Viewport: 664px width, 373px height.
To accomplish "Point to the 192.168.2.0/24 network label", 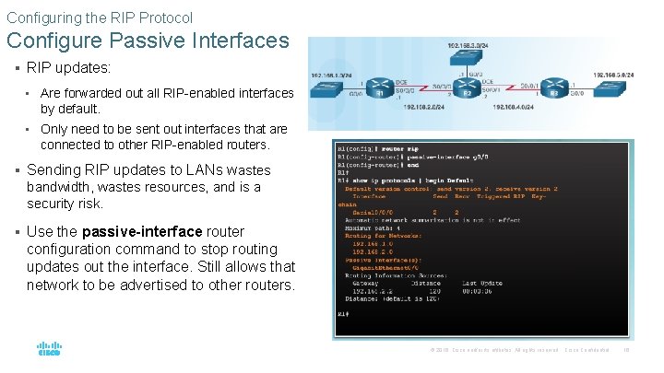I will (423, 108).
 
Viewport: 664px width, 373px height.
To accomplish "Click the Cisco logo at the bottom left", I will (49, 350).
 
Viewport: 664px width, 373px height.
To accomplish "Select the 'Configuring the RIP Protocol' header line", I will (100, 17).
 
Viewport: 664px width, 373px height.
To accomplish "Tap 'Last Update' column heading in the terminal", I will (482, 283).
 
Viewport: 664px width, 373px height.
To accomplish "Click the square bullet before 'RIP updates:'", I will (18, 67).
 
